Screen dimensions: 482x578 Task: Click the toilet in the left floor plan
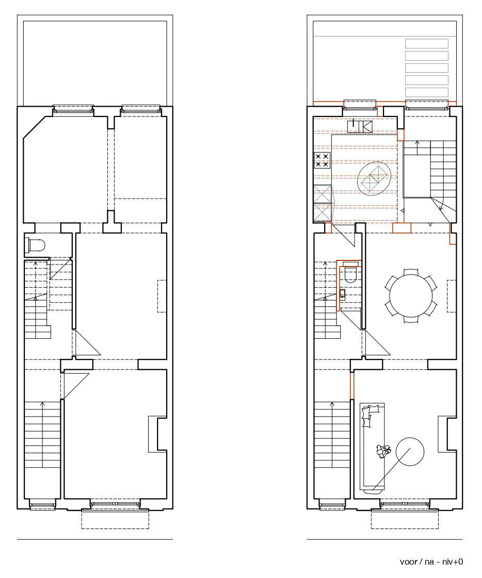coord(36,245)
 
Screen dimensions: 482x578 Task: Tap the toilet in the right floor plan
coord(349,272)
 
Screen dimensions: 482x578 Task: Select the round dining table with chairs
coord(411,296)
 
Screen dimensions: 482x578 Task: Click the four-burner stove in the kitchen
coord(322,160)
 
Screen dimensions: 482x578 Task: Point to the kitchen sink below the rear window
coord(360,126)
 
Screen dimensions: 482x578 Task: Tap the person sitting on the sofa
coord(383,451)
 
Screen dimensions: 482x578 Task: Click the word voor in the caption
coord(409,562)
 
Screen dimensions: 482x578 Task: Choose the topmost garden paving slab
coord(427,43)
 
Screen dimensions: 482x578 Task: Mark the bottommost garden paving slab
coord(427,92)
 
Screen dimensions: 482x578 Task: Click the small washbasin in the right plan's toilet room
coord(343,293)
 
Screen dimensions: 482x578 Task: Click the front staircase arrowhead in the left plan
coord(42,404)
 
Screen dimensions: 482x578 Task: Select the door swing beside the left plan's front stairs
coord(76,386)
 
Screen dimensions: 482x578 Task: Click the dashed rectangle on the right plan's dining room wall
coord(452,296)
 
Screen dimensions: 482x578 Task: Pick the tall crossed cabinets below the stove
coord(323,202)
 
